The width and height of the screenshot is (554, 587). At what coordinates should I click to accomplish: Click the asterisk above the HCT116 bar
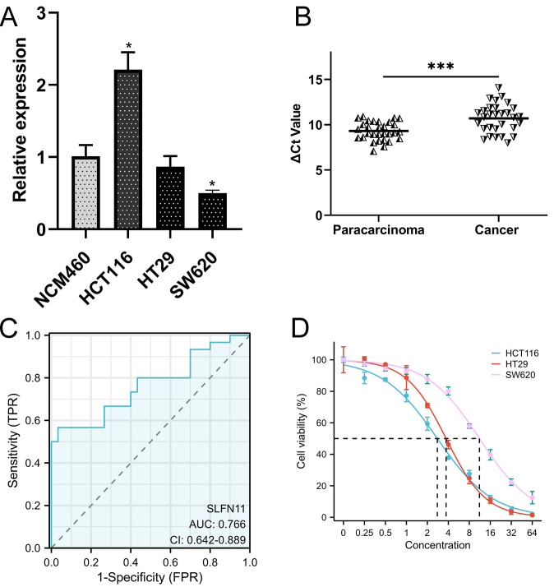click(x=128, y=41)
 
